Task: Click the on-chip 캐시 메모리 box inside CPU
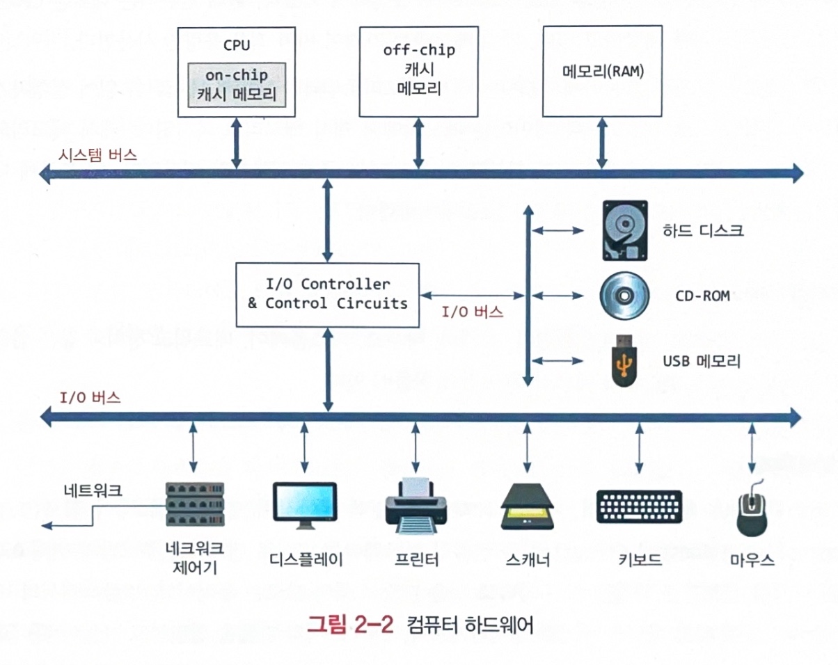coord(236,85)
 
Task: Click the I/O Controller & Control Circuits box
coord(328,294)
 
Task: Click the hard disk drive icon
coord(624,230)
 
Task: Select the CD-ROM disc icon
coord(624,296)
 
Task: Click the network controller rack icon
coord(194,504)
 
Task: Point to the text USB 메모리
coord(701,362)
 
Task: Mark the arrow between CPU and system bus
coord(237,143)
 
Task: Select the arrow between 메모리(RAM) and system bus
coord(601,143)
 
